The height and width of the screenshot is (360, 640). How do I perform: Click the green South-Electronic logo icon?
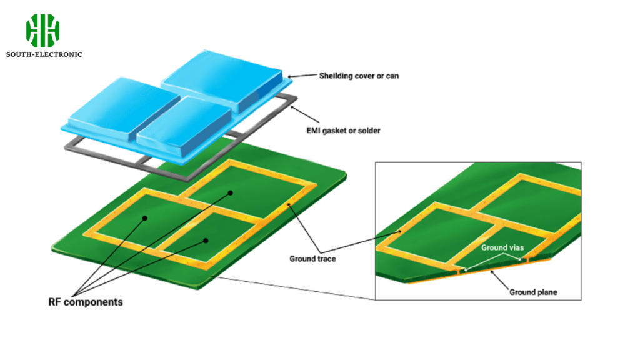pos(43,31)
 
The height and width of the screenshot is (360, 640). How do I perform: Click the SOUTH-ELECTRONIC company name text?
pos(44,54)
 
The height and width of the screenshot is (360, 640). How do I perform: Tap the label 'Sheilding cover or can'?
pos(359,76)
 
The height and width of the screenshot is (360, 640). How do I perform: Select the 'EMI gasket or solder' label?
pos(343,131)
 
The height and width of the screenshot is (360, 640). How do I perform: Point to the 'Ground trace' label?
pos(312,259)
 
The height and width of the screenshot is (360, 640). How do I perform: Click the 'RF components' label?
pos(86,302)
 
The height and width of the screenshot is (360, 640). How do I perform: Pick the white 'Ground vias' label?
pos(502,247)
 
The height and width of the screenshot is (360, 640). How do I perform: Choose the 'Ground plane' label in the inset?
pos(533,292)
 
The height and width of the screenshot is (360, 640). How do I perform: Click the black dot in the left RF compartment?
pos(144,218)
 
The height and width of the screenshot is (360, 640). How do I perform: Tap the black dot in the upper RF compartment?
pos(231,193)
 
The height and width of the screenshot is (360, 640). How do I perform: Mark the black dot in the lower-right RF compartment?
pos(206,241)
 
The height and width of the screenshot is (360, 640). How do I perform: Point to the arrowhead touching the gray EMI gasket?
pos(292,108)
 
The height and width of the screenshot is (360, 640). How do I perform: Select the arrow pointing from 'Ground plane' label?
pos(500,280)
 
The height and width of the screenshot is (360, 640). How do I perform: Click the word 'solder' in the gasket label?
pos(369,131)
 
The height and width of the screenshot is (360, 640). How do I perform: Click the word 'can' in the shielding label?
pos(392,76)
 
